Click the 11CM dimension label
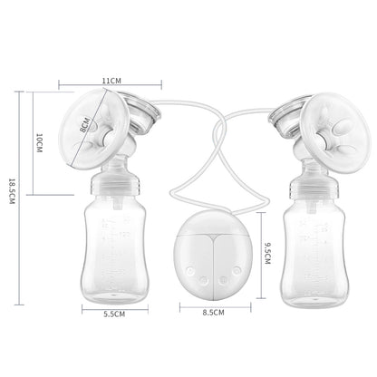click(111, 80)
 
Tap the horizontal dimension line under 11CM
click(111, 88)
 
